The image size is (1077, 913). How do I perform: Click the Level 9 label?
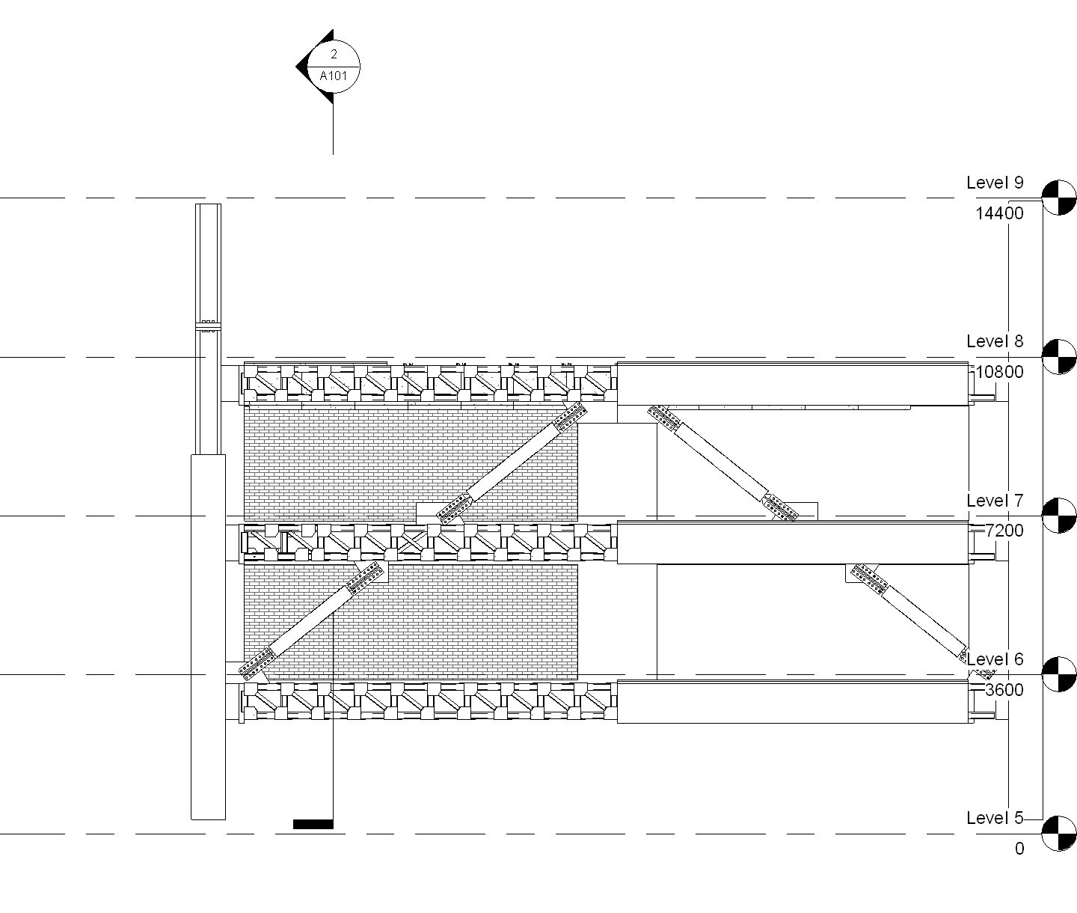pos(994,183)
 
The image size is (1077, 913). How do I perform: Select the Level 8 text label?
pos(994,341)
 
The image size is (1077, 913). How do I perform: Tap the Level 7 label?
pos(994,501)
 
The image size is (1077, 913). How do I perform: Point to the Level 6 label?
pos(994,659)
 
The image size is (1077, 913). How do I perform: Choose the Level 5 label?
pos(994,818)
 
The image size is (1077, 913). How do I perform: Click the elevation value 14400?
pos(999,213)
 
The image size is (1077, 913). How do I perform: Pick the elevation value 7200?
pos(1004,531)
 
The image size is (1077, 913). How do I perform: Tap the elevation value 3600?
pos(1004,690)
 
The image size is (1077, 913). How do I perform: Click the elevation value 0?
pos(1019,849)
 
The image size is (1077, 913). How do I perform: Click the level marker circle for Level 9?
pos(1059,198)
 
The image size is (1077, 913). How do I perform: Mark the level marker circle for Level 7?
pos(1059,516)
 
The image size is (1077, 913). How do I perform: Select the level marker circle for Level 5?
pos(1059,834)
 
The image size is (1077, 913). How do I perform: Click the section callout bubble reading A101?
pos(334,76)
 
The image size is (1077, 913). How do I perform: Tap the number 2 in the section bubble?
pos(334,55)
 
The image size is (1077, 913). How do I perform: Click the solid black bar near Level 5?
pos(313,824)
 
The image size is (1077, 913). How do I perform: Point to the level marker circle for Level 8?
pos(1059,356)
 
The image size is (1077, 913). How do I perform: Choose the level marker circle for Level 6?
pos(1059,674)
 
